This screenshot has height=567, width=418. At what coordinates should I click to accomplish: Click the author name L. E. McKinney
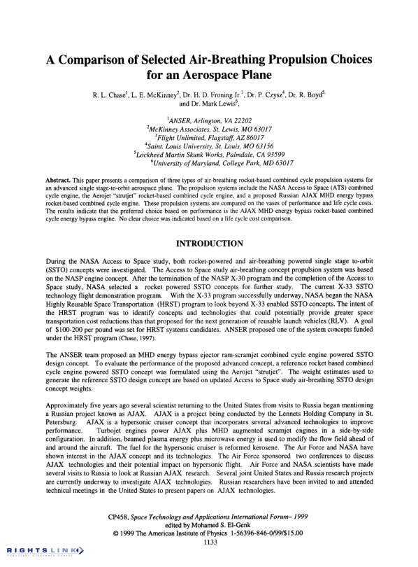150,94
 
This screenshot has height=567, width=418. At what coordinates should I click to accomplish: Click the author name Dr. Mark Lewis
210,104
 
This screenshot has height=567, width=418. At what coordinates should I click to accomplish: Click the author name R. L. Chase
113,94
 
